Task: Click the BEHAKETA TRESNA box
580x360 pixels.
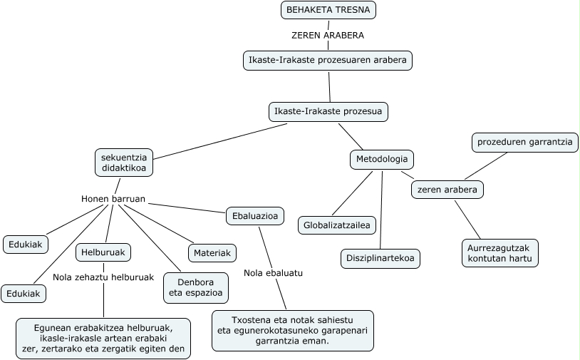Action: tap(328, 10)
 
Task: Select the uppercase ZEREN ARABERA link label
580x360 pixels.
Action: tap(328, 35)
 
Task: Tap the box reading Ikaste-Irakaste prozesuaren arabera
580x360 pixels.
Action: tap(327, 61)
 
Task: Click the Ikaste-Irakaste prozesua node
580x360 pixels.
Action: tap(328, 112)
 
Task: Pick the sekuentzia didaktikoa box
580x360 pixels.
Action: tap(124, 163)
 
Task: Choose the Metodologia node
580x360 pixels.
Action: tap(382, 160)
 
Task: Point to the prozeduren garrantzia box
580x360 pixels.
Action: tap(525, 143)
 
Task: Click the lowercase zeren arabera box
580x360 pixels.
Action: tap(447, 190)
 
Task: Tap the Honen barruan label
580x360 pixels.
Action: tap(113, 199)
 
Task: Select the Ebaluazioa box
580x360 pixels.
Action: tap(255, 216)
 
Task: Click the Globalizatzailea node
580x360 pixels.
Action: tap(336, 225)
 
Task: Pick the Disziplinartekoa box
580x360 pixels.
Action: tap(380, 258)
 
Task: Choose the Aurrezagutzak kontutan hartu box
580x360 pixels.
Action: tap(499, 253)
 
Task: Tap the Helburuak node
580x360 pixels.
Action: tap(103, 252)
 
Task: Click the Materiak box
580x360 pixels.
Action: tap(212, 253)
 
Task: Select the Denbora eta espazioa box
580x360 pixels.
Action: tap(196, 288)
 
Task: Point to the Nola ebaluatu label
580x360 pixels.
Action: tap(273, 273)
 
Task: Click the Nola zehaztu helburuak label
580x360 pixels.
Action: tap(103, 277)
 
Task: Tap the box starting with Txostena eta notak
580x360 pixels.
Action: tap(293, 331)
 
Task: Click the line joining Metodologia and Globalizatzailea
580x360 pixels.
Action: tap(353, 192)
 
